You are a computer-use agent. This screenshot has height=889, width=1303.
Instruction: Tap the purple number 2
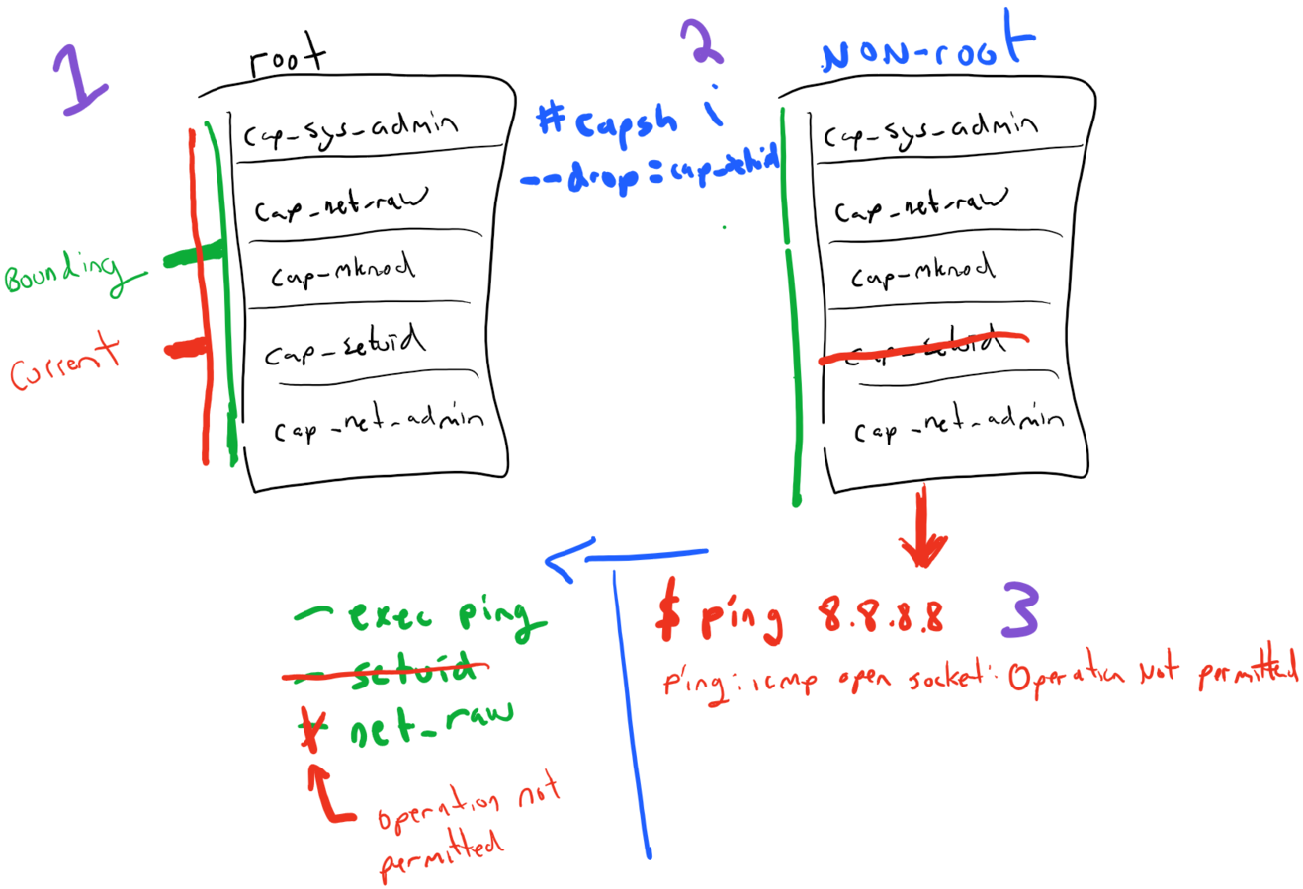point(704,41)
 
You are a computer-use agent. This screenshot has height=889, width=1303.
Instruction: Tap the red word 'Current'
point(64,362)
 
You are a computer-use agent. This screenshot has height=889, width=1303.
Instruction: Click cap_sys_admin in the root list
point(351,129)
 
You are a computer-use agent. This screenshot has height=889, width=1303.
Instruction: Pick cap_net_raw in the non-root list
point(919,205)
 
